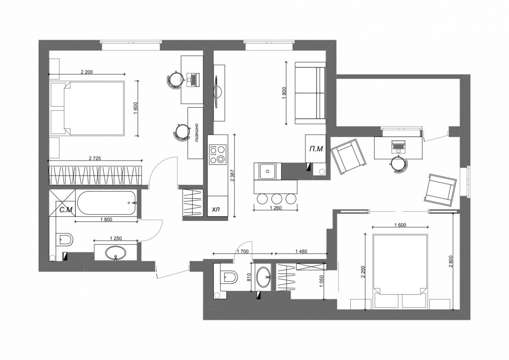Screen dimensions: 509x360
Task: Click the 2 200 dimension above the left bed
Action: coord(87,72)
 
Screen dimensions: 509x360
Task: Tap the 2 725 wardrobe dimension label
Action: coord(95,159)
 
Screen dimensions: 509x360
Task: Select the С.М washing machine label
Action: coord(66,210)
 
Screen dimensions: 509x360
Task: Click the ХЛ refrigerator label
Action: coord(216,210)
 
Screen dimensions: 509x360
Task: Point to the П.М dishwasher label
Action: coord(316,149)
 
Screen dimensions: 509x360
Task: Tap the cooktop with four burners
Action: coord(217,155)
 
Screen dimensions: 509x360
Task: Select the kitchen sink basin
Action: coord(268,171)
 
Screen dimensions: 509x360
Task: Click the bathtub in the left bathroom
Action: coord(107,203)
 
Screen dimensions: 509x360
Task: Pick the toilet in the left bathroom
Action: coord(64,240)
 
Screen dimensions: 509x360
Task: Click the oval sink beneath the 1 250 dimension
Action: coord(115,252)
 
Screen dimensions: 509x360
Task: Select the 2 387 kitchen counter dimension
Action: coord(232,175)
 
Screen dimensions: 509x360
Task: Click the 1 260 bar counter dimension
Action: coord(275,208)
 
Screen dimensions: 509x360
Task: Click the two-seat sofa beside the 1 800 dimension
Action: coord(310,93)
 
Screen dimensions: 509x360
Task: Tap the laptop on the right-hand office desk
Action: coord(398,146)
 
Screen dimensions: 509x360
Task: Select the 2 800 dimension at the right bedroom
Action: coord(450,261)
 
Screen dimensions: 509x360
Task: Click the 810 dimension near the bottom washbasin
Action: coord(249,277)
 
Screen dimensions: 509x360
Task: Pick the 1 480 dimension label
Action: coord(301,251)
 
